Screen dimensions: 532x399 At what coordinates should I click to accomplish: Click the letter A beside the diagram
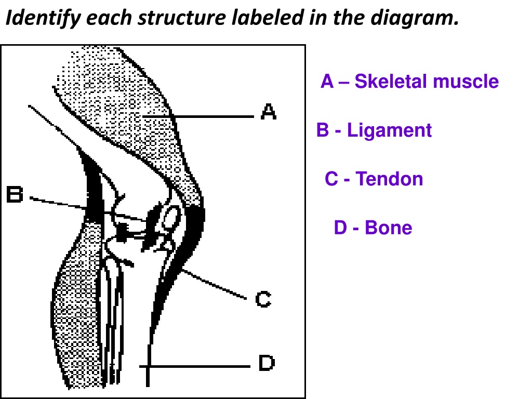coord(269,112)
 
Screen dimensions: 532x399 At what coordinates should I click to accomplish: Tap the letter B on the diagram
coord(15,194)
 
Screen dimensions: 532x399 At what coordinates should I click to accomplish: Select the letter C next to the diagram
coord(263,299)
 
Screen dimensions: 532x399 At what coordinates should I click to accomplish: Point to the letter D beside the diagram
coord(267,363)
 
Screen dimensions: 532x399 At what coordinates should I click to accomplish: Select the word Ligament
coord(389,130)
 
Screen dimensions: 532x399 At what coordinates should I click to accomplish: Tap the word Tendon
coord(389,179)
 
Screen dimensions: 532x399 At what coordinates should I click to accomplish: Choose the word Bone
coord(389,228)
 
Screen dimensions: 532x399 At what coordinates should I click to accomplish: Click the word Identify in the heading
coord(43,18)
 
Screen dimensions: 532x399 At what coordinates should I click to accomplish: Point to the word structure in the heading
coord(181,18)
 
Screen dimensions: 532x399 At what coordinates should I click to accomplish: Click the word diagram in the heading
coord(415,18)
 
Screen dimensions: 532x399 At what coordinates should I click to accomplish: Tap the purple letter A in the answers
coord(327,82)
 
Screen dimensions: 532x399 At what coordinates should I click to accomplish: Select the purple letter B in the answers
coord(323,130)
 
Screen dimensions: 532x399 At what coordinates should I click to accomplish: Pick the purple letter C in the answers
coord(331,179)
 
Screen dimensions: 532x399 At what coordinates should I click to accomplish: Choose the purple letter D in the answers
coord(341,228)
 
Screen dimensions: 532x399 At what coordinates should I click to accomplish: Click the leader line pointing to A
coord(198,116)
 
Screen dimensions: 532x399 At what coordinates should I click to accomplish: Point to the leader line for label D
coord(195,366)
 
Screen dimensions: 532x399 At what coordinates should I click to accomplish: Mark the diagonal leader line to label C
coord(214,284)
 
